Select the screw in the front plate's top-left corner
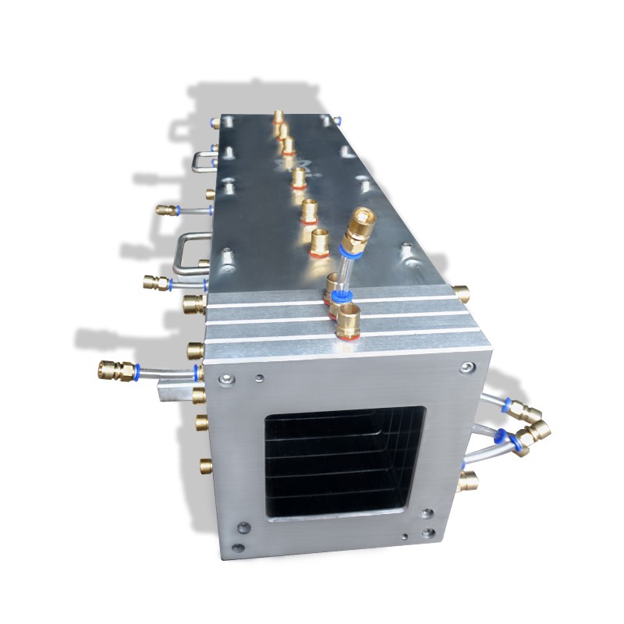tap(225, 380)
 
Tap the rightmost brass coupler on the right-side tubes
tap(538, 430)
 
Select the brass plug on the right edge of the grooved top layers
tap(462, 294)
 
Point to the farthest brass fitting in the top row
tap(278, 118)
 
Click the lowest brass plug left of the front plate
tap(205, 466)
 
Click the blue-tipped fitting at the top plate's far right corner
tap(337, 120)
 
